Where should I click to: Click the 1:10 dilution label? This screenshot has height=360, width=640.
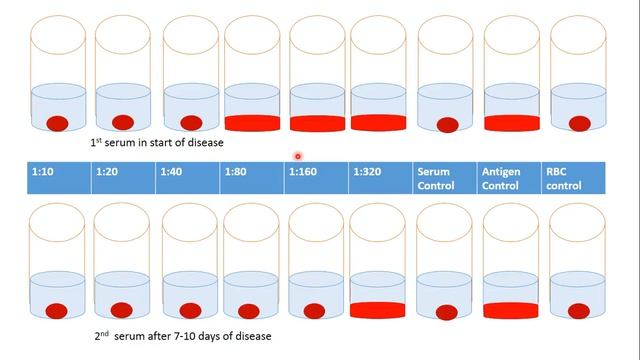pos(43,172)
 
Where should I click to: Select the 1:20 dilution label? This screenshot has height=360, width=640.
pos(107,172)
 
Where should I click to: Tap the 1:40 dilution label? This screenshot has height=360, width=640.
pos(172,172)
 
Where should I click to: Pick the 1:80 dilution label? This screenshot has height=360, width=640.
pos(236,172)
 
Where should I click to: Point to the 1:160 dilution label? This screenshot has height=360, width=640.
pos(302,172)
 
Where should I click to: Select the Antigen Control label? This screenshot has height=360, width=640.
pos(501,176)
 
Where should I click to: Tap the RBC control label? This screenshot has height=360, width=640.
pos(564,176)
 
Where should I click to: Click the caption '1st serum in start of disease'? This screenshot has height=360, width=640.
pos(157,142)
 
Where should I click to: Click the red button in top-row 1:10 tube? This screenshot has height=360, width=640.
pos(58,123)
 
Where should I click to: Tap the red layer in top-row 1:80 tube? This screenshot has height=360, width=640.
pos(253,124)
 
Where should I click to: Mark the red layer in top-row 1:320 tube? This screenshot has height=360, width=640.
pos(379,123)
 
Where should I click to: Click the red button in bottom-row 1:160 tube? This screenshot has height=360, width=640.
pos(314,311)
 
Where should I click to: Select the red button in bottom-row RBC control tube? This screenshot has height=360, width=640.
pos(577,310)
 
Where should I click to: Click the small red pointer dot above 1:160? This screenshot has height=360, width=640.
pos(297,155)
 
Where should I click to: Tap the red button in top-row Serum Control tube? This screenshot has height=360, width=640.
pos(447,125)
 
